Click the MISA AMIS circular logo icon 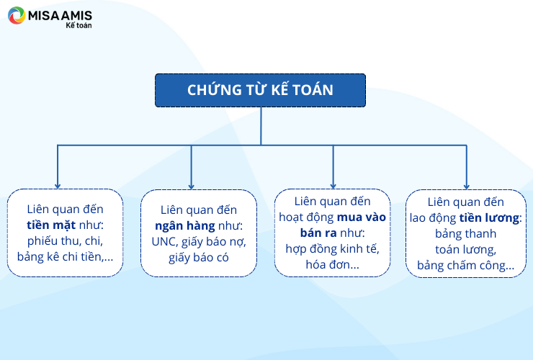click(17, 15)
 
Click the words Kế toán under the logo click(79, 25)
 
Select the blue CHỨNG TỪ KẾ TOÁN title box click(261, 90)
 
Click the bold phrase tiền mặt click(51, 225)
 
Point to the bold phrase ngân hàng click(185, 226)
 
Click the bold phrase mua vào click(362, 217)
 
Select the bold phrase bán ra click(318, 233)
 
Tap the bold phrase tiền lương click(490, 218)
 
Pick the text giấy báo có click(199, 258)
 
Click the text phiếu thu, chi click(65, 241)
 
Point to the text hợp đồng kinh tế click(332, 249)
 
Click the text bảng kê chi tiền click(59, 256)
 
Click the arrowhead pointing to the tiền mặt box click(58, 186)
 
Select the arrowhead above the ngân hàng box click(191, 186)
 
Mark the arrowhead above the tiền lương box click(467, 186)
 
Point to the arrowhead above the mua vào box click(333, 186)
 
